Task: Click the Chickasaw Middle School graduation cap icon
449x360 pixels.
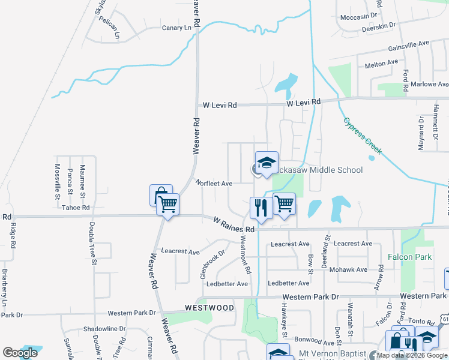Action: pyautogui.click(x=267, y=162)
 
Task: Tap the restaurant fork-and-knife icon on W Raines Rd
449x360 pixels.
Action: pyautogui.click(x=259, y=208)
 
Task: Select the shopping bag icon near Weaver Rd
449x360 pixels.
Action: pyautogui.click(x=161, y=194)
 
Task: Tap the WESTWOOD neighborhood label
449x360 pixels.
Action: pyautogui.click(x=209, y=308)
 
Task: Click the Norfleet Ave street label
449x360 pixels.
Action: pyautogui.click(x=214, y=184)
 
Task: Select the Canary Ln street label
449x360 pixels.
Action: pyautogui.click(x=176, y=28)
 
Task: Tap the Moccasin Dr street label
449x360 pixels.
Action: pyautogui.click(x=359, y=16)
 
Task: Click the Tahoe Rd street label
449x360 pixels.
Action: pyautogui.click(x=76, y=208)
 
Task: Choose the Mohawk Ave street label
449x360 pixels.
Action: pyautogui.click(x=352, y=269)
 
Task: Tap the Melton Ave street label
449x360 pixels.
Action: pyautogui.click(x=382, y=62)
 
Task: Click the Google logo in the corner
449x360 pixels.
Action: pyautogui.click(x=20, y=353)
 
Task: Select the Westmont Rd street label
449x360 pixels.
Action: pyautogui.click(x=246, y=254)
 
